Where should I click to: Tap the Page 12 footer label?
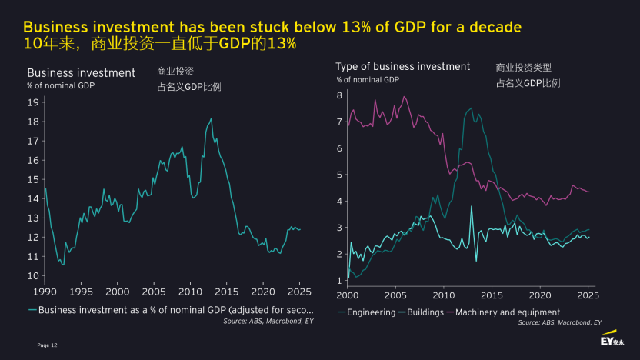(x=47, y=345)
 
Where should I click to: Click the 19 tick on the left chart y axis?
(x=33, y=102)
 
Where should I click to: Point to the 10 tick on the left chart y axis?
(x=33, y=275)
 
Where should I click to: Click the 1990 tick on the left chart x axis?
(x=45, y=292)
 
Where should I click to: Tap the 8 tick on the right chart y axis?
(x=339, y=95)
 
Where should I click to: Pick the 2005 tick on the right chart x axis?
(x=395, y=295)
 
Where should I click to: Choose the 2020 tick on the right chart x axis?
(x=540, y=295)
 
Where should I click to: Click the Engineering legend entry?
(x=370, y=312)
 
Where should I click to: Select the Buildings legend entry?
(x=422, y=312)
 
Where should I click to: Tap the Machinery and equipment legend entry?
(x=508, y=312)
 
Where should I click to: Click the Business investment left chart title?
(x=81, y=73)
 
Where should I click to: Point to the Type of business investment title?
(x=402, y=67)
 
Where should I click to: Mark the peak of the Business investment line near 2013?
(x=211, y=118)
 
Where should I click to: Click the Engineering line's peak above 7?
(x=471, y=108)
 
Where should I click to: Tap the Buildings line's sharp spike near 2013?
(x=472, y=206)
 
